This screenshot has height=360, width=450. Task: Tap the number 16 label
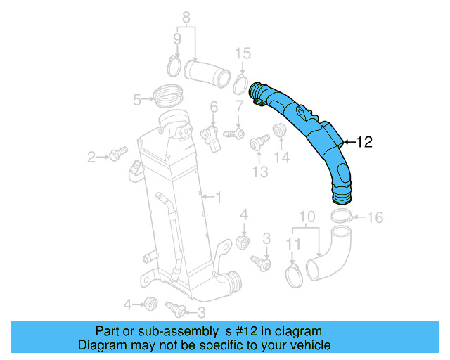tap(375, 218)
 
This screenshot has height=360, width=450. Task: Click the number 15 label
tap(242, 53)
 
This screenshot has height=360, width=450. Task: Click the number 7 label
tap(239, 106)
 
